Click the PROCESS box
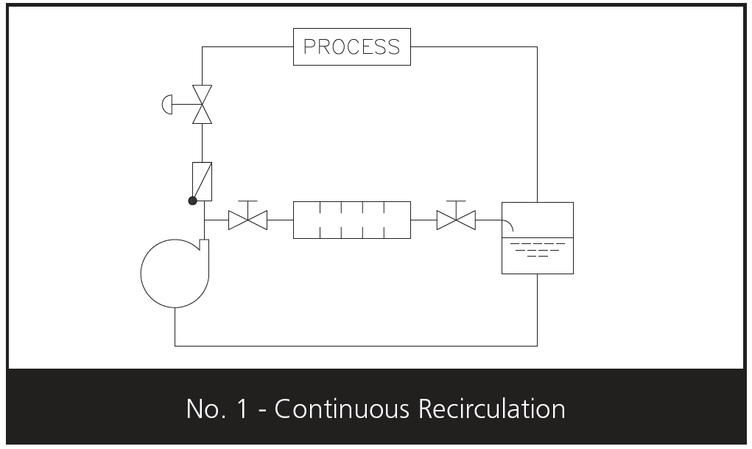pyautogui.click(x=351, y=46)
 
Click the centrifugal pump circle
pyautogui.click(x=174, y=273)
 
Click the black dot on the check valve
pyautogui.click(x=192, y=200)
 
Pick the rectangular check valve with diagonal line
pyautogui.click(x=202, y=181)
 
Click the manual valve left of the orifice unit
pyautogui.click(x=247, y=220)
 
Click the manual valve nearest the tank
pyautogui.click(x=456, y=220)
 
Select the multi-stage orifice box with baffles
pyautogui.click(x=351, y=220)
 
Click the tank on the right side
pyautogui.click(x=537, y=237)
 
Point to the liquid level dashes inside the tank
pyautogui.click(x=537, y=250)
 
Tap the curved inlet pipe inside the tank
pyautogui.click(x=510, y=225)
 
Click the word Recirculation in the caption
pyautogui.click(x=485, y=408)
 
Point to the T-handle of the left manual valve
pyautogui.click(x=247, y=201)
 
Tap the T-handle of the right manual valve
pyautogui.click(x=456, y=201)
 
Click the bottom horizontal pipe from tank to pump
pyautogui.click(x=354, y=345)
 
